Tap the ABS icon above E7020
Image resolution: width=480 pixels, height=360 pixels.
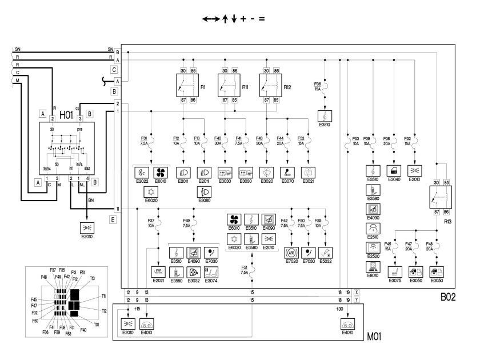tap(293, 252)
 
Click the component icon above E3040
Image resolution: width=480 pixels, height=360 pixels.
tap(393, 170)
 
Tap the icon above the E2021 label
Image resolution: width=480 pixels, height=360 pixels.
tap(158, 271)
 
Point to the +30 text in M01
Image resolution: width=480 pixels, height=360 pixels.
tap(338, 309)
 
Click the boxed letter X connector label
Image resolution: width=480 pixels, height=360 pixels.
tap(357, 292)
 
